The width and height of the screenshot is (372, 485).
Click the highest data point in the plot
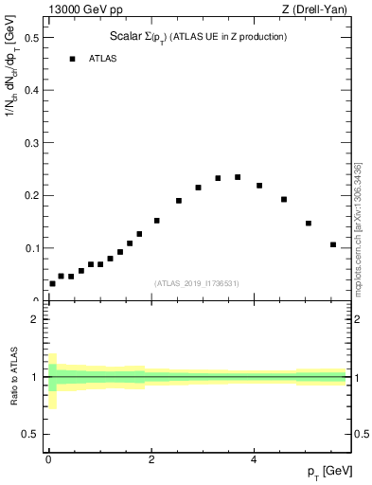point(238,177)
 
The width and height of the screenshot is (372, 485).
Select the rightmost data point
point(333,244)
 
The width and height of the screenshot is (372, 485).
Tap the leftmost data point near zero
point(52,283)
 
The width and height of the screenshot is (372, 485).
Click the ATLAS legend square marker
point(72,59)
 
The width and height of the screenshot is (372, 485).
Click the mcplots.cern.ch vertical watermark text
point(358,227)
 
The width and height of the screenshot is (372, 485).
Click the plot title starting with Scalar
point(198,37)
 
